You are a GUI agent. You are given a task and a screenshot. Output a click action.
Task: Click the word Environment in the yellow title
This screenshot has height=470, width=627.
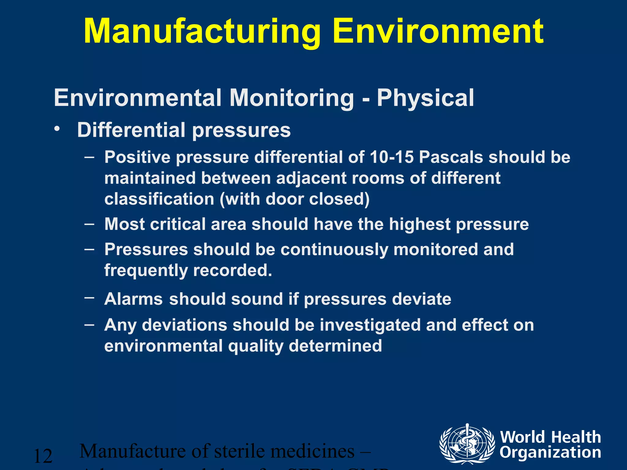(438, 32)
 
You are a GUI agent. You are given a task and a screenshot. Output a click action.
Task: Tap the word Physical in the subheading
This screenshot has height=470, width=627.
(425, 98)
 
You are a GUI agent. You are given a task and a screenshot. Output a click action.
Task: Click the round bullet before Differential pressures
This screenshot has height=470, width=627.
(56, 129)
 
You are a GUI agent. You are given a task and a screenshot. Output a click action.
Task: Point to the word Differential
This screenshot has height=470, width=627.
(131, 130)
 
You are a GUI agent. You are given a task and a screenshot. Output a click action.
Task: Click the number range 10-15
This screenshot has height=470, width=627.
(392, 157)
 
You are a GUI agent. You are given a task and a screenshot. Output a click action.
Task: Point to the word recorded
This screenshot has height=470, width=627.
(232, 270)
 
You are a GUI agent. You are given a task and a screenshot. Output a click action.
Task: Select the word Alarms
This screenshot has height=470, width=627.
(133, 299)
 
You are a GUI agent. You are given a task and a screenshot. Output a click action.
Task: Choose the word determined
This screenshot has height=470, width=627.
(335, 346)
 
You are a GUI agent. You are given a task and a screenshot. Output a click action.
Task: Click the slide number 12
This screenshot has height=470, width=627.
(43, 456)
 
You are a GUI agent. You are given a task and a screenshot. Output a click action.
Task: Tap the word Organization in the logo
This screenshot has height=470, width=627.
(550, 453)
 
